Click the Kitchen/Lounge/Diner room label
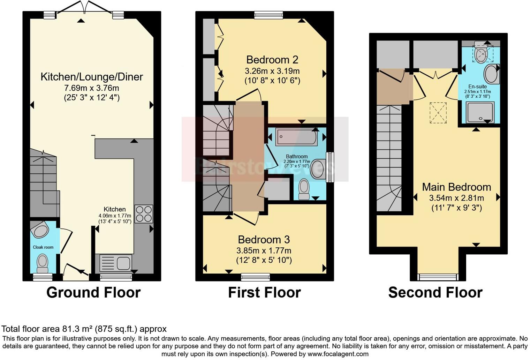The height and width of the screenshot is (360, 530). point(92,77)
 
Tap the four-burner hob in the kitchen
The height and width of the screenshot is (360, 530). point(144,213)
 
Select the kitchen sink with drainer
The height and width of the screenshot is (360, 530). point(116,263)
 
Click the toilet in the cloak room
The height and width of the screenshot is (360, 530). point(43,263)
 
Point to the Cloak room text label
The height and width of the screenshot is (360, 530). point(43,247)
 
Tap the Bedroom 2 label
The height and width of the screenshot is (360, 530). point(272,60)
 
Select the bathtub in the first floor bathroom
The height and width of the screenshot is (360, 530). point(296,137)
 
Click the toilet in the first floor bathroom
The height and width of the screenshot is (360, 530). point(304,189)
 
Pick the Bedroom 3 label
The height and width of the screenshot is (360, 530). point(264,240)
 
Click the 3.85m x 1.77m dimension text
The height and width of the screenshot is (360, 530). point(264,250)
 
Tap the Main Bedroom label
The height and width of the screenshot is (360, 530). point(456,187)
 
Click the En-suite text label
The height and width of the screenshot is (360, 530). point(477,87)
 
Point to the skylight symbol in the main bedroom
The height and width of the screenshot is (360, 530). point(438,112)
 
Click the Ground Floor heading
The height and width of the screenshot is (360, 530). point(93,292)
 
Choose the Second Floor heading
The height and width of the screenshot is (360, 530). point(435,292)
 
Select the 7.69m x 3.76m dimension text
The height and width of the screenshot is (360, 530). point(92,88)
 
